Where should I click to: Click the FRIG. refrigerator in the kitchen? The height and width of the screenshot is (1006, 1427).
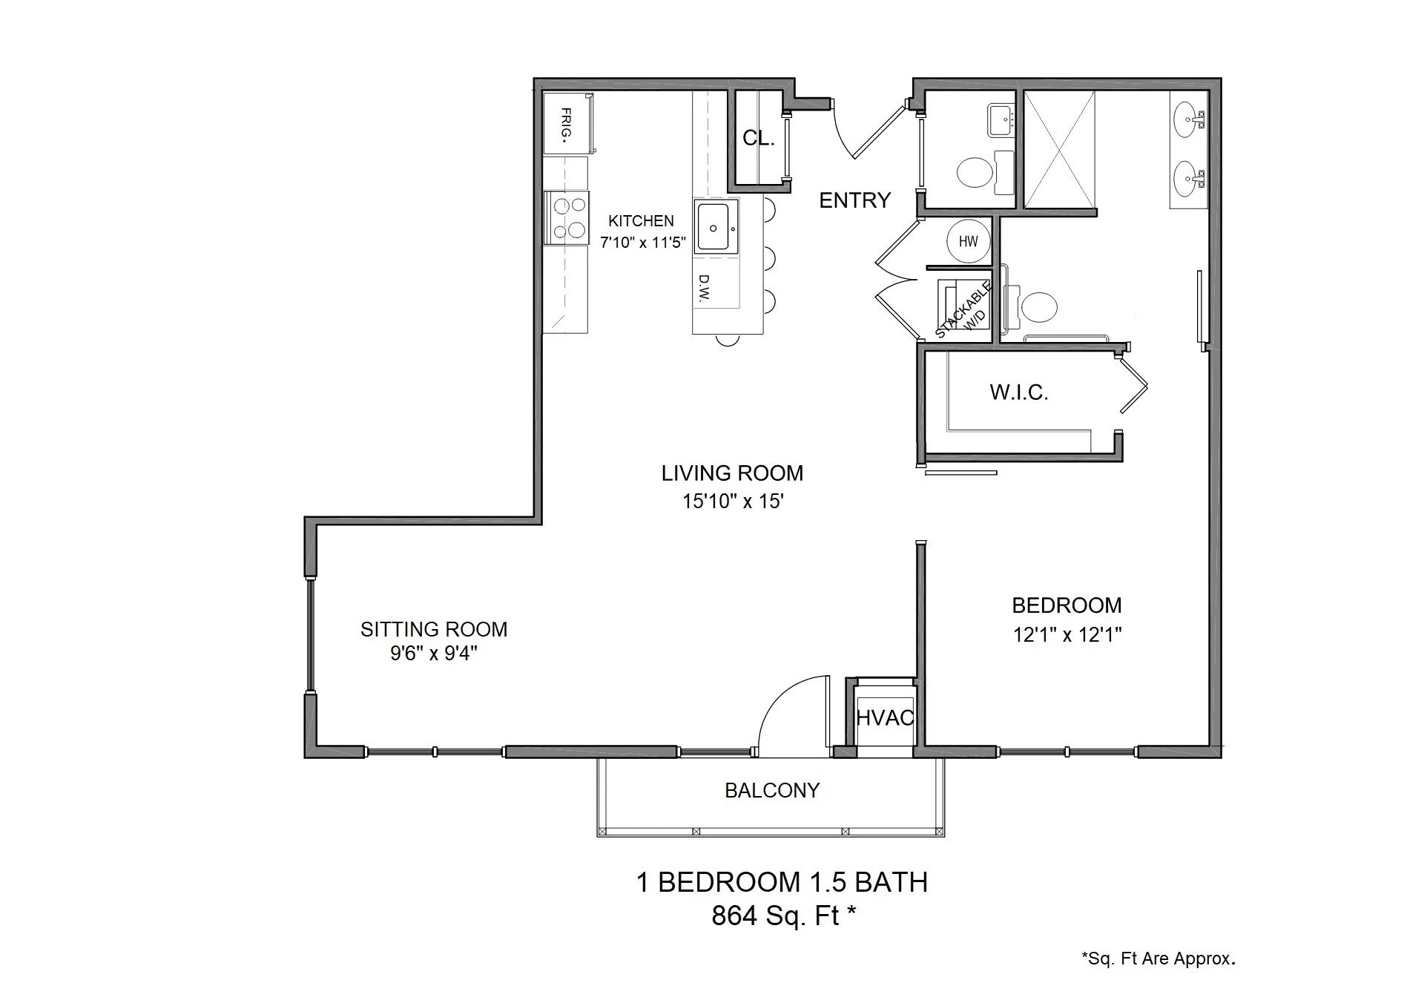coord(567,124)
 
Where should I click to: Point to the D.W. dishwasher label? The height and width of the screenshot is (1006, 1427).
coord(704,289)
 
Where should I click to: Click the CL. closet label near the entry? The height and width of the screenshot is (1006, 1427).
coord(758,138)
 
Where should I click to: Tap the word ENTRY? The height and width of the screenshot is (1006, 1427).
coord(854,200)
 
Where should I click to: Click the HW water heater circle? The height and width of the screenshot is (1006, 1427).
coord(968,241)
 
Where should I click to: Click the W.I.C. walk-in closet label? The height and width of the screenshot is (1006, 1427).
coord(1018,392)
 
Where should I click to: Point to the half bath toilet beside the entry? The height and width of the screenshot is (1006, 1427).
coord(975,174)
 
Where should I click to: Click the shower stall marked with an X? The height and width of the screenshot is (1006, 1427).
coord(1058,149)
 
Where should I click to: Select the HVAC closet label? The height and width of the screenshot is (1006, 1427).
coord(885,717)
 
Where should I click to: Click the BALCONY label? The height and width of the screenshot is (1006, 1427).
coord(771,791)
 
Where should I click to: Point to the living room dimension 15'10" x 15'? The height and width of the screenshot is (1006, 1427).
coord(733,502)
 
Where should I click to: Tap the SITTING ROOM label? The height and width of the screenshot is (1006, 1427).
coord(434,629)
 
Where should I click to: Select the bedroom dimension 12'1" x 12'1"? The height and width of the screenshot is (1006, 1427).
coord(1067,635)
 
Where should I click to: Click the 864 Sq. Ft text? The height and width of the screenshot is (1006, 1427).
coord(783,916)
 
